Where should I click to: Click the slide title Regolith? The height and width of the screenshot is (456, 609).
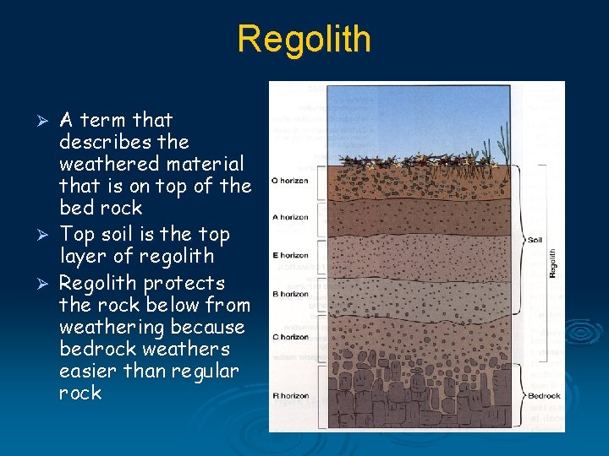(304, 39)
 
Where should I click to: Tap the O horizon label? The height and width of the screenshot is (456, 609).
(289, 181)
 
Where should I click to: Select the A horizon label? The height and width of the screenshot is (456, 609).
(289, 218)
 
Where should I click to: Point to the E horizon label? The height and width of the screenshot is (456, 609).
(289, 256)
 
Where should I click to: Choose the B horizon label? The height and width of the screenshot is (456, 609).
(289, 294)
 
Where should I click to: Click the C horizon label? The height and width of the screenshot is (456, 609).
(289, 337)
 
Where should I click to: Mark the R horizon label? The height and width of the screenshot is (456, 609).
(289, 395)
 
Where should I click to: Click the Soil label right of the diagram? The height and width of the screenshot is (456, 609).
(536, 240)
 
